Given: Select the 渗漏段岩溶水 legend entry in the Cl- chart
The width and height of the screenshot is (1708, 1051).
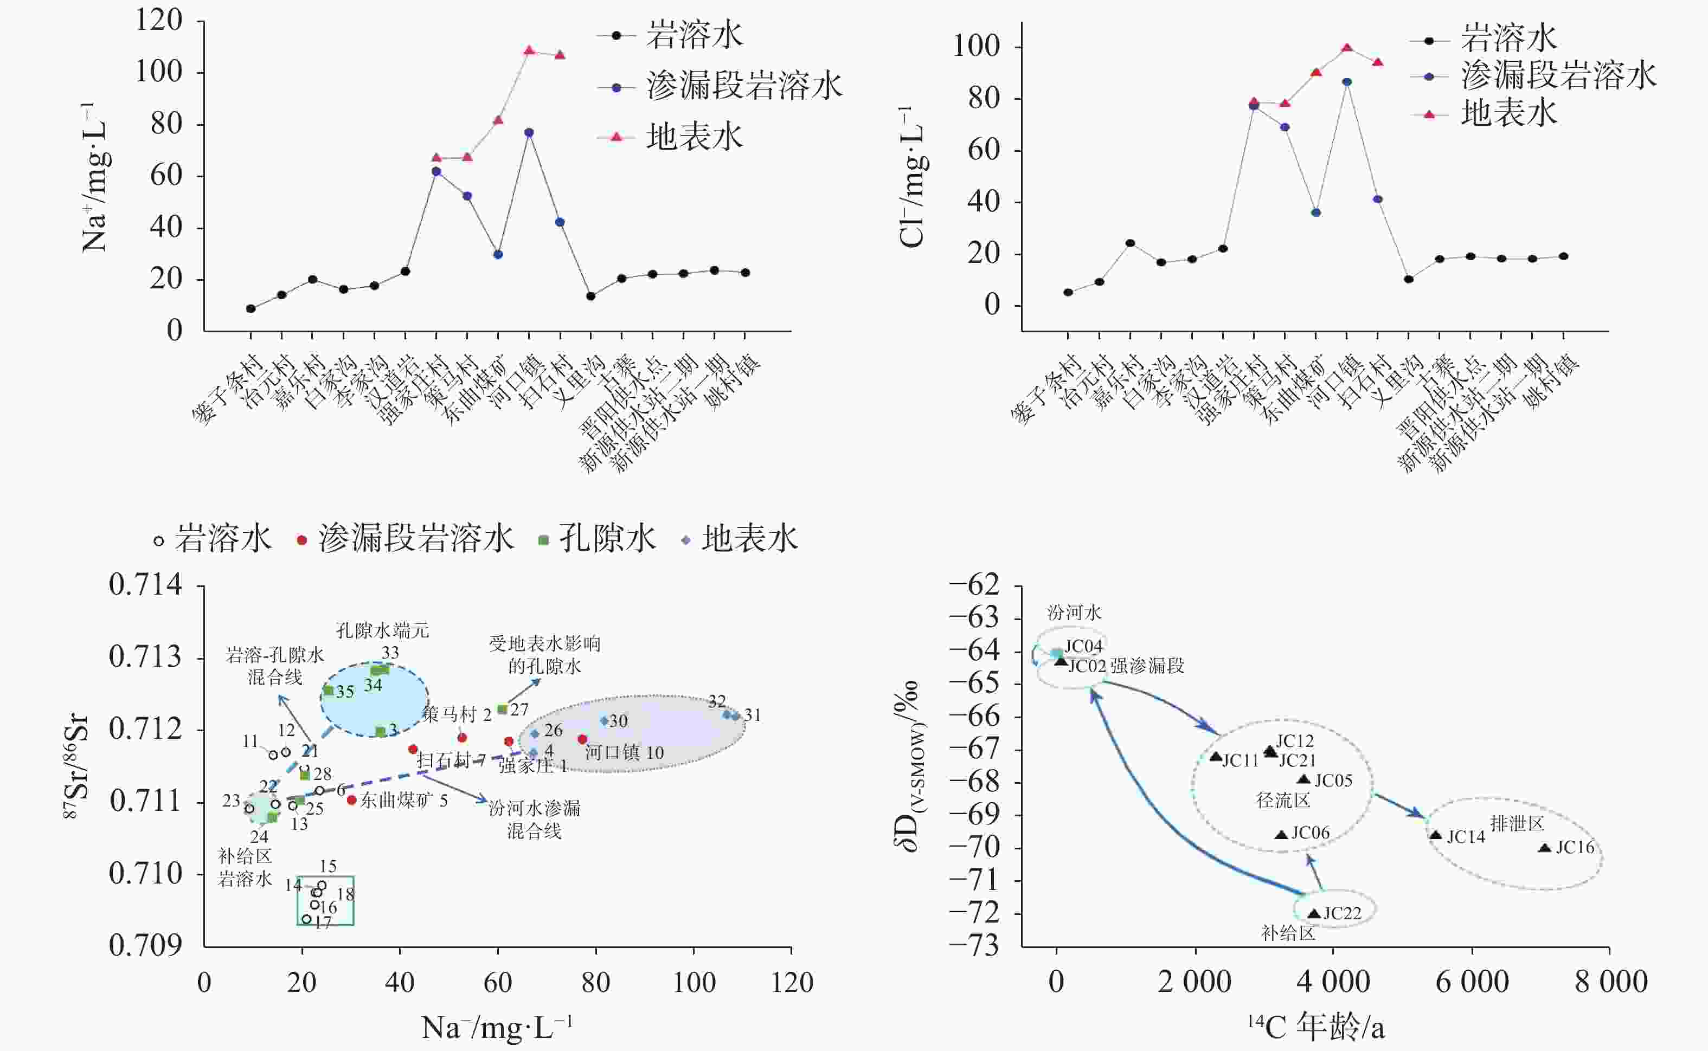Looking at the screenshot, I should (x=1558, y=75).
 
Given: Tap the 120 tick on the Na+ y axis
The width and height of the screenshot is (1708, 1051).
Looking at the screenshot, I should (x=158, y=20).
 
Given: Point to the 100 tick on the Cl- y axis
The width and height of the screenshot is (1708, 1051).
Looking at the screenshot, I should (x=975, y=47).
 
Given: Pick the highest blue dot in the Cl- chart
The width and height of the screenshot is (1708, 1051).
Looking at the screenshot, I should (x=1346, y=82).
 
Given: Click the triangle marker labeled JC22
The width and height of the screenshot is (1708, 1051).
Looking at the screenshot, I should (x=1314, y=914).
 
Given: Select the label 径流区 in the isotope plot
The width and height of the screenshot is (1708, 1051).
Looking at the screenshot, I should (x=1282, y=800).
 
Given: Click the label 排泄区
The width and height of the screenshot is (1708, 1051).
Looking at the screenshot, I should (x=1517, y=824).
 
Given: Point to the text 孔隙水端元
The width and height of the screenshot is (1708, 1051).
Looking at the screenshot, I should (x=382, y=630).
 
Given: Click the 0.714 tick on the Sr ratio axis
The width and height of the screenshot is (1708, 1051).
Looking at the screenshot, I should (x=145, y=585).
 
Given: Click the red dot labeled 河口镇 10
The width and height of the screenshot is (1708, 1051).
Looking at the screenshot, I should (x=582, y=739).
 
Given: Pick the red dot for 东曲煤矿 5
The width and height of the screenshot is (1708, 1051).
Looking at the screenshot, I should (x=352, y=800).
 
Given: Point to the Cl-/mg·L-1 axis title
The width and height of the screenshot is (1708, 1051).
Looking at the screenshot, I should (x=913, y=177).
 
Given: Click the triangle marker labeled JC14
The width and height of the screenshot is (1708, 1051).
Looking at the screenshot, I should (x=1435, y=835).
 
